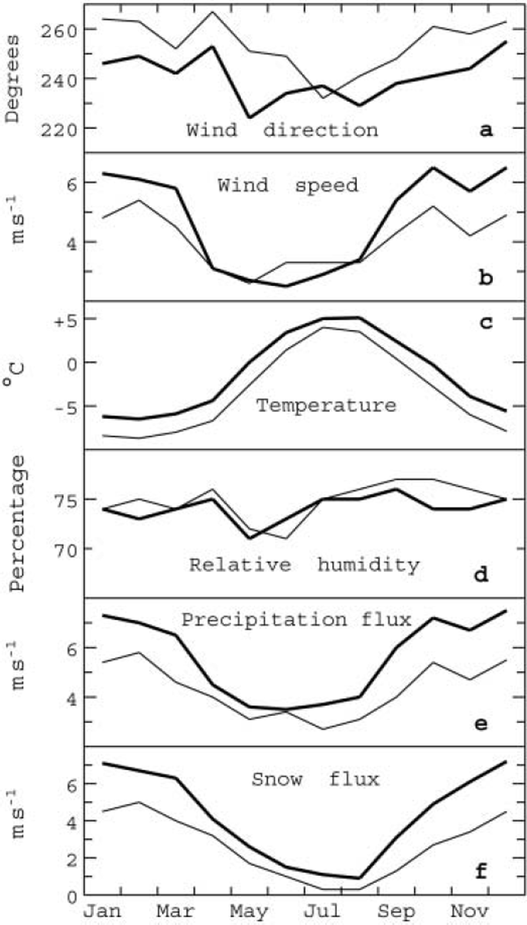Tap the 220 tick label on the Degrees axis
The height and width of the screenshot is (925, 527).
coord(58,130)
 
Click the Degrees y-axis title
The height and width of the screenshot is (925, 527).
coord(12,79)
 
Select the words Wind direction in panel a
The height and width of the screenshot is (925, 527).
coord(282,130)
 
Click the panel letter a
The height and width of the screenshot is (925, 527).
coord(486,130)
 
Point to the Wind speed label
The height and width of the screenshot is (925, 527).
coord(288,185)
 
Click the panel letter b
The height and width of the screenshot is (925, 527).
coord(486,278)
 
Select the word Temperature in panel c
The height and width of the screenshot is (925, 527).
coord(326,406)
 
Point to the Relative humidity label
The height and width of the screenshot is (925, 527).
coord(304,565)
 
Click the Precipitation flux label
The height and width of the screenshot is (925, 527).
coord(296,619)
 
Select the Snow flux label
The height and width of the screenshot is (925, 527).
coord(315,779)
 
